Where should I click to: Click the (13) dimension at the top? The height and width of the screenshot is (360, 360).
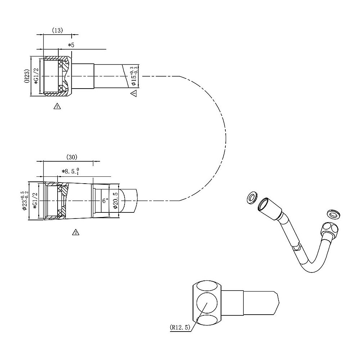(57, 31)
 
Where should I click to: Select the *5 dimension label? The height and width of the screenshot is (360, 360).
(71, 45)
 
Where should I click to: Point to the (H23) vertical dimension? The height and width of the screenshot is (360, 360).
(27, 76)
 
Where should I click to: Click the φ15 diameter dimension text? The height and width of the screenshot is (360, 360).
(134, 76)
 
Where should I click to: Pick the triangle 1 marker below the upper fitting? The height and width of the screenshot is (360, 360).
(57, 106)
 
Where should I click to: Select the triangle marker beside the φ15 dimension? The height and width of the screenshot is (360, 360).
(134, 94)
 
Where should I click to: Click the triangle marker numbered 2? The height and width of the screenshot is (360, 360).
(76, 232)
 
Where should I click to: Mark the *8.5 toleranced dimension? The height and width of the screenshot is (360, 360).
(70, 172)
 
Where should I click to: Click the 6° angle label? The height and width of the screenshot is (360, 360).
(105, 201)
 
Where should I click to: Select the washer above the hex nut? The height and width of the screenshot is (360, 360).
(334, 214)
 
